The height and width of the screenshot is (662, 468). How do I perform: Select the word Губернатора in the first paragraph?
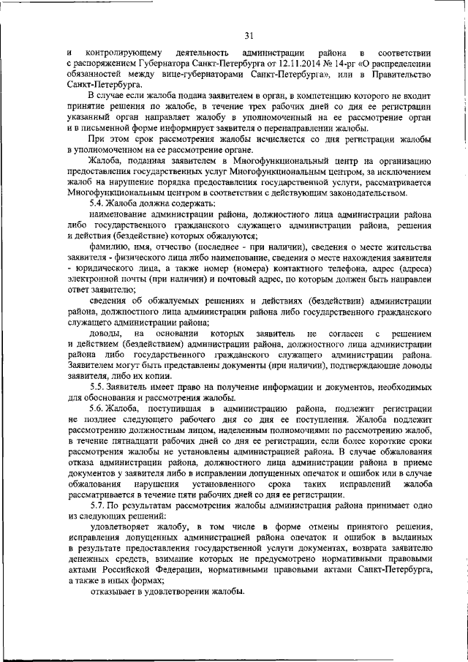(x=164, y=64)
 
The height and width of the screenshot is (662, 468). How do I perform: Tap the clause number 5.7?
(x=98, y=505)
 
